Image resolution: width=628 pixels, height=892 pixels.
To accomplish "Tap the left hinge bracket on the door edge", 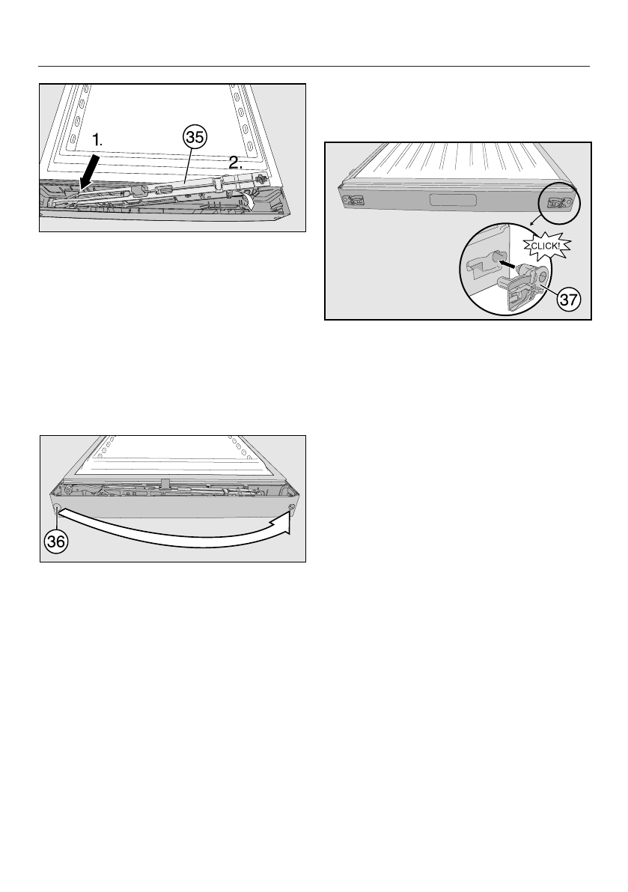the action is tap(351, 199).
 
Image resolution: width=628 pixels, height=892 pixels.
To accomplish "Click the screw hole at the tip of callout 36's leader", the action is tap(57, 509).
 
